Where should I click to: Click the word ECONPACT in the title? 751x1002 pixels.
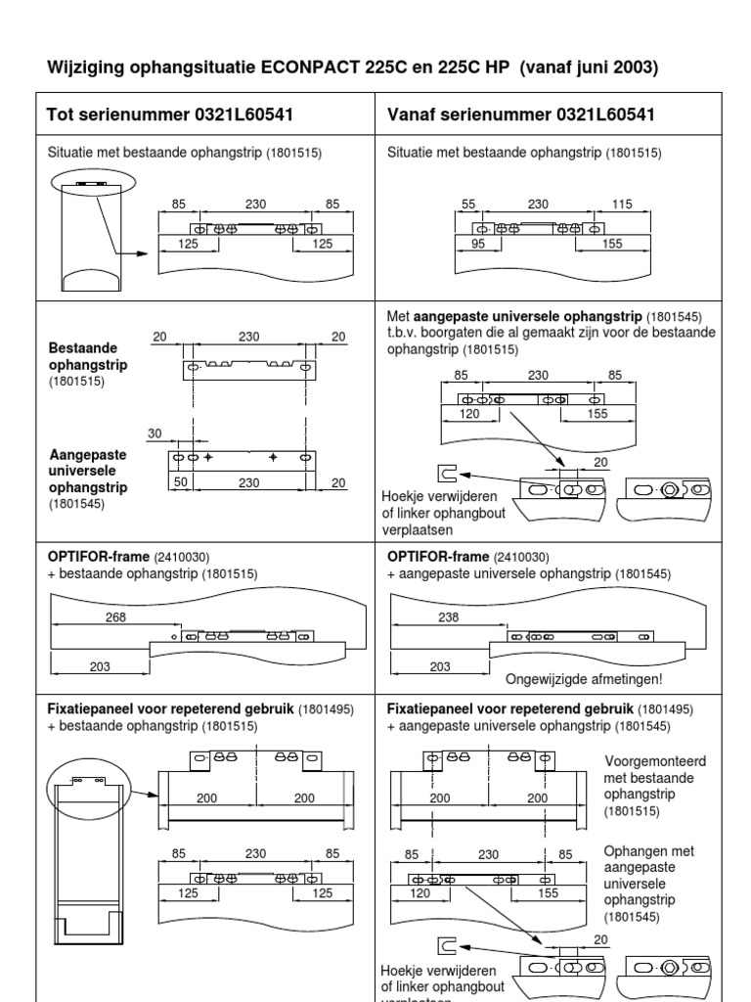[310, 68]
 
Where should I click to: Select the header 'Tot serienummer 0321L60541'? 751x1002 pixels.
[170, 115]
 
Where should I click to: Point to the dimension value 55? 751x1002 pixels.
[467, 204]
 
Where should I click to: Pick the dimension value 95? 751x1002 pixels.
[478, 245]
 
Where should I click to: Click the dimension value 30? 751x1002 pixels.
[154, 433]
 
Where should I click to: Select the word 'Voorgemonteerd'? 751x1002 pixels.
[655, 760]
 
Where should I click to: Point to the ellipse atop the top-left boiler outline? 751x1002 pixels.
[95, 183]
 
